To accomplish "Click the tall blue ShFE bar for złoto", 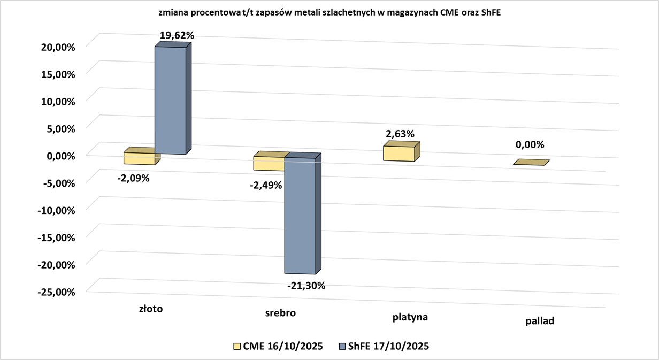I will click(x=171, y=100).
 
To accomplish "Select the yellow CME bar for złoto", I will click(x=139, y=158).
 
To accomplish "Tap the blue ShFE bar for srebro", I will click(x=300, y=216).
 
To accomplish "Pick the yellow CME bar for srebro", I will click(x=269, y=164).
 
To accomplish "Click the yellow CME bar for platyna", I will click(x=399, y=154).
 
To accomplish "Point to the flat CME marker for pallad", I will click(x=532, y=163).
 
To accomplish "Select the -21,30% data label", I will click(x=306, y=286).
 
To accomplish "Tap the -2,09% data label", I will click(x=133, y=178).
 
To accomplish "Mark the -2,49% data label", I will click(x=266, y=186).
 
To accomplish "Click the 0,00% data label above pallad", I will click(x=530, y=144).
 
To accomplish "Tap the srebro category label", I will click(x=280, y=313).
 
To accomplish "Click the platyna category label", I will click(x=410, y=317).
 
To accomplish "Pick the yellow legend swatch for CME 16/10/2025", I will click(x=237, y=346).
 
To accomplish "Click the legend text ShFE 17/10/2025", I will click(x=389, y=346).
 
